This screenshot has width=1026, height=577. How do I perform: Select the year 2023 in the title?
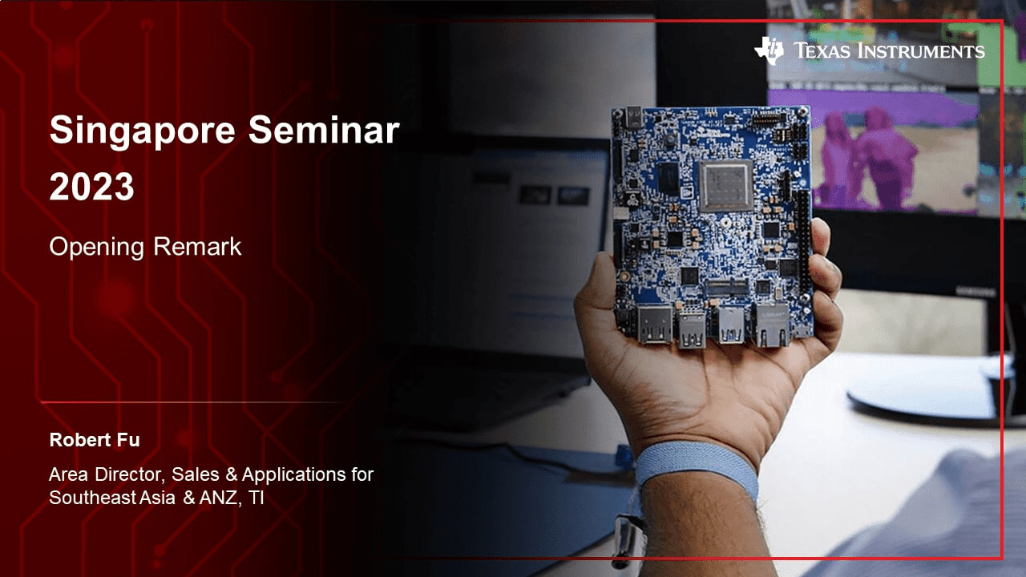click(x=91, y=187)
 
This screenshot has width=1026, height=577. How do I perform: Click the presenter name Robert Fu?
click(x=94, y=440)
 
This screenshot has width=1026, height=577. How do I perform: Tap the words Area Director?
click(x=105, y=474)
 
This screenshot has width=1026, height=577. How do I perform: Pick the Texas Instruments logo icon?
click(x=768, y=51)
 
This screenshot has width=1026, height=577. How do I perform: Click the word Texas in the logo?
click(x=821, y=52)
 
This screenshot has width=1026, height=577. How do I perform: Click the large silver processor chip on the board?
click(x=725, y=185)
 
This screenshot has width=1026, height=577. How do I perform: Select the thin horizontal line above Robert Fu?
click(x=192, y=402)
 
